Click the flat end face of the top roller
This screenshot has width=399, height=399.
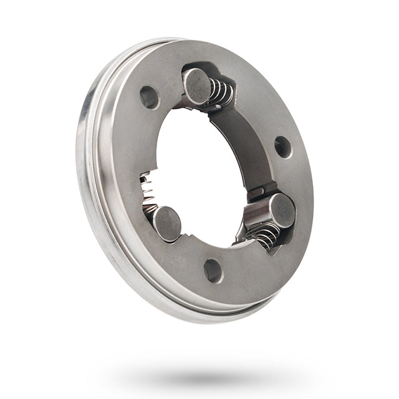(x=196, y=85)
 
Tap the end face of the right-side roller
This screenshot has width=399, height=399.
(x=282, y=210)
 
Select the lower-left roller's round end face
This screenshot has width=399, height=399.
(x=167, y=224)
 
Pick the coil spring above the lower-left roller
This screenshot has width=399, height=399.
(x=147, y=187)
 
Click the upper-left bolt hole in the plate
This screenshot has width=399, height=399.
(x=149, y=97)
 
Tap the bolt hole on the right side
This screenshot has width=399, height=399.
(x=282, y=147)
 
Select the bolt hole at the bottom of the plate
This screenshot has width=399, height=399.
(x=213, y=270)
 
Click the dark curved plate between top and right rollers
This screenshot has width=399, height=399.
(x=243, y=147)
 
